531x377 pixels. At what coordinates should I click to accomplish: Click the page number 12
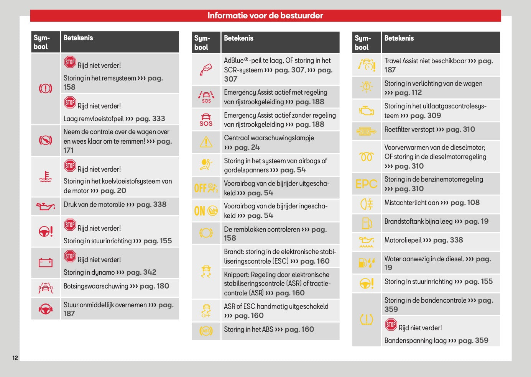click(15, 358)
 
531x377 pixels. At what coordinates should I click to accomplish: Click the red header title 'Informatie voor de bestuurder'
click(265, 16)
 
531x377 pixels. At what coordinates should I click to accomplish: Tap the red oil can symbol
click(46, 207)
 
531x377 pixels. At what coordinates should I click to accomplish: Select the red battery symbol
click(46, 262)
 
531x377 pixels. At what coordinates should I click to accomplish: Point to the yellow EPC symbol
click(367, 184)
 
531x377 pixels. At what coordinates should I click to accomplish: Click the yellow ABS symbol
click(206, 331)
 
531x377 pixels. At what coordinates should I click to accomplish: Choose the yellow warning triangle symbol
click(206, 142)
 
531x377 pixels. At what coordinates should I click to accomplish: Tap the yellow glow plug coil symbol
click(367, 157)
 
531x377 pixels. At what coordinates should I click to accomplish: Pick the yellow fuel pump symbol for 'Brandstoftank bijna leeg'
click(367, 223)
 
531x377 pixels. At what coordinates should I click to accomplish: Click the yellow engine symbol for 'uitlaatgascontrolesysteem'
click(367, 111)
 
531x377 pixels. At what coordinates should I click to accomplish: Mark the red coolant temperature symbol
click(46, 177)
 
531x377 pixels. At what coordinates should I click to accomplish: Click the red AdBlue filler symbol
click(206, 69)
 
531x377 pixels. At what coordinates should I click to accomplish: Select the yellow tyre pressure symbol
click(367, 319)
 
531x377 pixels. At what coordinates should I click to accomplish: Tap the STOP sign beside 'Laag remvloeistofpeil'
click(70, 102)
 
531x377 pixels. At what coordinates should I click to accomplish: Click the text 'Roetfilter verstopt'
click(409, 129)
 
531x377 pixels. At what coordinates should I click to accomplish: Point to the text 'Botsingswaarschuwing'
click(96, 286)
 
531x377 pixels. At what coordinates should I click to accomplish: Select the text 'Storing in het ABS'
click(248, 329)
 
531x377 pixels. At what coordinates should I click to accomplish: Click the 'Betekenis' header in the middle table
click(238, 38)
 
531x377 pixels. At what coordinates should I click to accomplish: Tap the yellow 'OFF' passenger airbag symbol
click(206, 188)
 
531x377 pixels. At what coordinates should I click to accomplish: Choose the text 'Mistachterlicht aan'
click(411, 203)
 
